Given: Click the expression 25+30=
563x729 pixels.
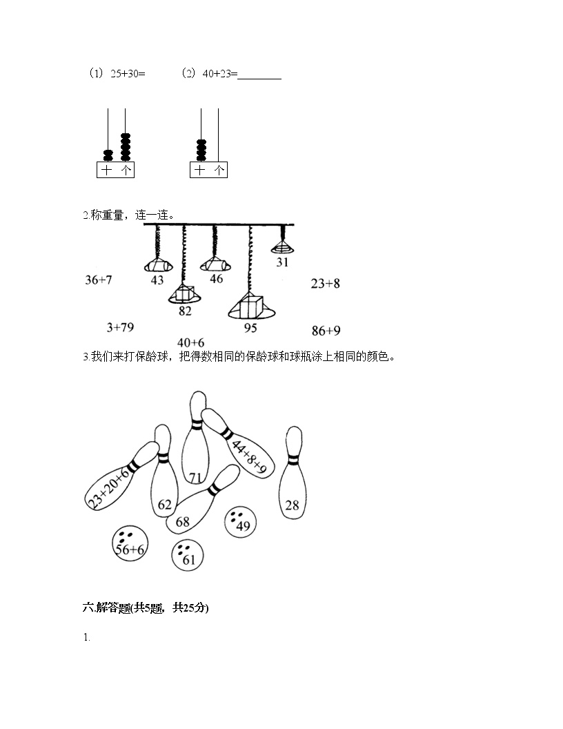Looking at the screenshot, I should point(128,74).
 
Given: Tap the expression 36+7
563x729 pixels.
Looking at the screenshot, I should point(98,280).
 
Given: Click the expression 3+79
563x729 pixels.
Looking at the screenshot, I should point(120,327).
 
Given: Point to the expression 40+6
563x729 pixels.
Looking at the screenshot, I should point(190,342).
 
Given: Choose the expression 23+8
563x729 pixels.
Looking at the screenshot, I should point(325,283).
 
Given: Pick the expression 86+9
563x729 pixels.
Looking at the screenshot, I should point(326,331).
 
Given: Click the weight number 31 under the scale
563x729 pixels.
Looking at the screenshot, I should point(282,262).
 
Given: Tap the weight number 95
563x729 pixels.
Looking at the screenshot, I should point(250,328).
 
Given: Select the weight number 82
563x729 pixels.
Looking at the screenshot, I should point(184,311).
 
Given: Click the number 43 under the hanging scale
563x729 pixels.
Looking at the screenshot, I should point(157,280).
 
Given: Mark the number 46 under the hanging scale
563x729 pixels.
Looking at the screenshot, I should point(216,279).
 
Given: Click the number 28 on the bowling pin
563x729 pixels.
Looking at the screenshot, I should point(292,505).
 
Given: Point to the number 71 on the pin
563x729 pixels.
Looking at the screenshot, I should point(195,478).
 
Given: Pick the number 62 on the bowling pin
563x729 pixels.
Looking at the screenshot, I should point(164,505).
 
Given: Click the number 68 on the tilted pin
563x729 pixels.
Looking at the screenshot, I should point(182,522).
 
